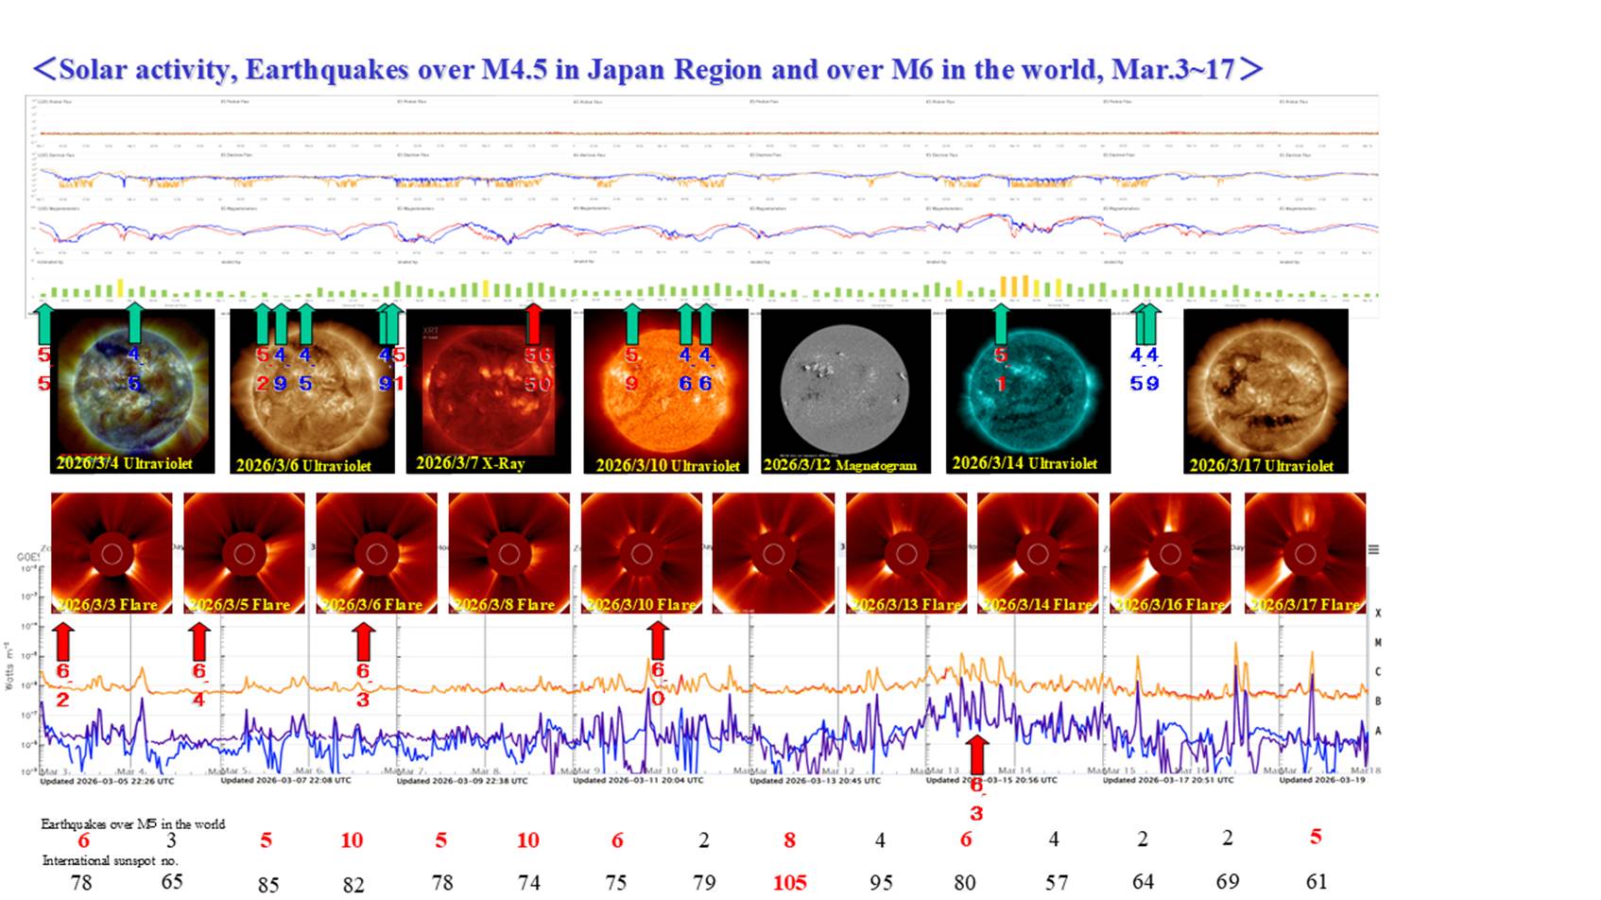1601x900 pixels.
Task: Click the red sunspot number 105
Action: [789, 882]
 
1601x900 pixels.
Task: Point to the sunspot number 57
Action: [1056, 882]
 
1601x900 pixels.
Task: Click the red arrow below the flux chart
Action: [977, 755]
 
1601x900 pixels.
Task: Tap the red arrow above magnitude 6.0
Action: [658, 640]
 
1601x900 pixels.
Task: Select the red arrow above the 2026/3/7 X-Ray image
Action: [534, 323]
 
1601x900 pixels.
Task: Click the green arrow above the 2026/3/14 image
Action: [1000, 323]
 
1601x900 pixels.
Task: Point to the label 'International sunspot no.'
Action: [110, 860]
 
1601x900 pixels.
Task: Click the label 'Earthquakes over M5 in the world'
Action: [132, 823]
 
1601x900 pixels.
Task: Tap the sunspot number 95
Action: [880, 882]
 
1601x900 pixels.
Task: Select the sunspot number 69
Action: [1227, 881]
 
